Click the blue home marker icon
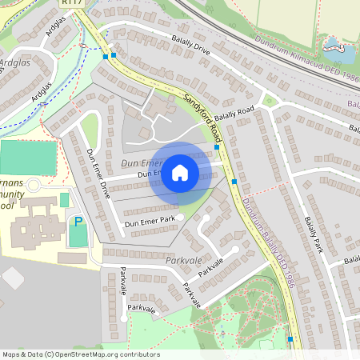coord(180,173)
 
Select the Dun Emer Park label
coord(150,222)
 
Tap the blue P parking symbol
coord(78,221)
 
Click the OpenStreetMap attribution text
coord(80,354)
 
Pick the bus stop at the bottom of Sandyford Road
coord(290,340)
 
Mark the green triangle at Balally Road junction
coord(270,101)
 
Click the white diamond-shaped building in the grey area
coord(13,278)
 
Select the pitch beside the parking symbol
coord(78,237)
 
